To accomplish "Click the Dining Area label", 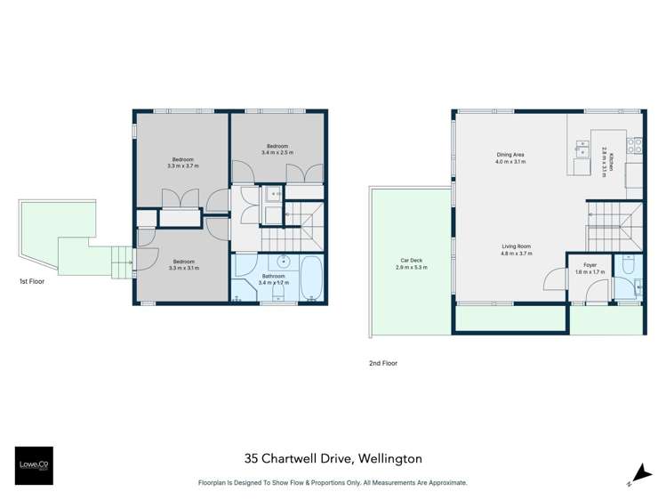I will (x=511, y=158).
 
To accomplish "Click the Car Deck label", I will (x=410, y=263).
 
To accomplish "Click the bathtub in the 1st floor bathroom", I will (x=312, y=279).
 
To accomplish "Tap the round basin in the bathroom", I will (x=283, y=262).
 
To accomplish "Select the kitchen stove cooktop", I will (x=635, y=145).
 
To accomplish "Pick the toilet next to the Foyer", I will (x=628, y=266).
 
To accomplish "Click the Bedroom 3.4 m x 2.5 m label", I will (x=277, y=149).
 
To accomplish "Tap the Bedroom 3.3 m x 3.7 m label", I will (x=182, y=162).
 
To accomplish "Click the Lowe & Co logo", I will (x=34, y=465).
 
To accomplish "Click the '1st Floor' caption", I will (x=32, y=282).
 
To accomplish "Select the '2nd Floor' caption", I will (x=382, y=363).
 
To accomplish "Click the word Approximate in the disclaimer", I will (x=443, y=483).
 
